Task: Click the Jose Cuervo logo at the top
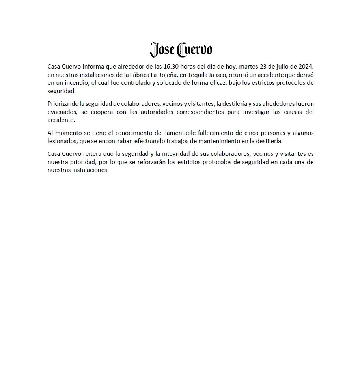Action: pos(181,50)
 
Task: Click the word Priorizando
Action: pos(63,104)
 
